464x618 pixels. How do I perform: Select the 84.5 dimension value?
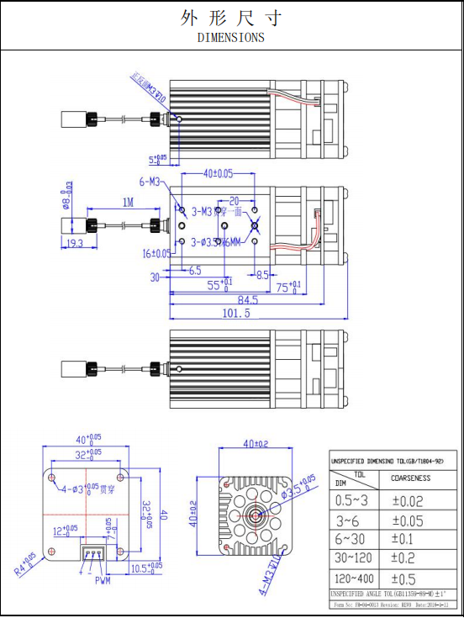click(247, 300)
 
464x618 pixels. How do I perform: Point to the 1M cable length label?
click(127, 203)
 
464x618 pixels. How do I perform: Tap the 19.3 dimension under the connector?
click(74, 244)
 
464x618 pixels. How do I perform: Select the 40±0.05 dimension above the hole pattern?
click(219, 174)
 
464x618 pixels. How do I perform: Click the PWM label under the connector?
click(103, 580)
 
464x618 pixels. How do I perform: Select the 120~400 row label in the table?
click(353, 579)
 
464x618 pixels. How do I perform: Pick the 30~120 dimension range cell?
click(353, 559)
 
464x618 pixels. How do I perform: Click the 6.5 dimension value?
click(195, 272)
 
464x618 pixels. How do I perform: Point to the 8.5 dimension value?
click(262, 274)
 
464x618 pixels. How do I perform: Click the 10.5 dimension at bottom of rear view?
click(148, 568)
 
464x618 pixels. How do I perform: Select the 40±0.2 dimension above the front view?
click(256, 444)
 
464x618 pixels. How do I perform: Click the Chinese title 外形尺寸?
click(230, 18)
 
